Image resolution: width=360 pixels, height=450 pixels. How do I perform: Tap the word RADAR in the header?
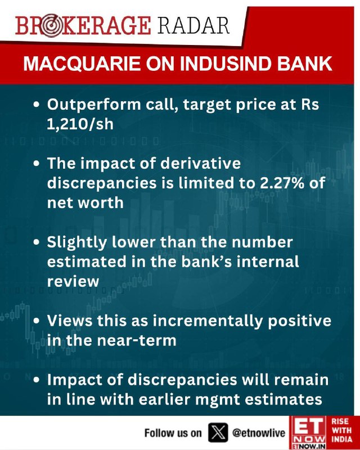193,26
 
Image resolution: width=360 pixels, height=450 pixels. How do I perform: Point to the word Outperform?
94,105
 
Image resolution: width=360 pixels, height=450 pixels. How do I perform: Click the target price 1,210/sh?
80,124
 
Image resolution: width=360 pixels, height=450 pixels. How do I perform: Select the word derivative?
200,163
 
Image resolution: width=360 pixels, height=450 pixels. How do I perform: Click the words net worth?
85,202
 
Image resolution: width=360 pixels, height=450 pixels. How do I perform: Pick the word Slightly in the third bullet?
76,242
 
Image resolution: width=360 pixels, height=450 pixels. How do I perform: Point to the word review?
73,282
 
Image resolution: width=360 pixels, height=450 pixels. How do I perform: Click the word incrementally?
208,321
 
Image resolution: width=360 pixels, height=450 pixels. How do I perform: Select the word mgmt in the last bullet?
221,400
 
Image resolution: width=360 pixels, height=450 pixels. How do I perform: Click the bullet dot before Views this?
36,321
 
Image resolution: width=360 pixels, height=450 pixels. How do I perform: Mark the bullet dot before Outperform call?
36,105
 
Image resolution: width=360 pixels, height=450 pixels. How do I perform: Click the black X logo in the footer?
218,433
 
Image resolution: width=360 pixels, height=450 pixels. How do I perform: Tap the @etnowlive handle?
259,433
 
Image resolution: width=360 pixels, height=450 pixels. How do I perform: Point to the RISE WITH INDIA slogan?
341,430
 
